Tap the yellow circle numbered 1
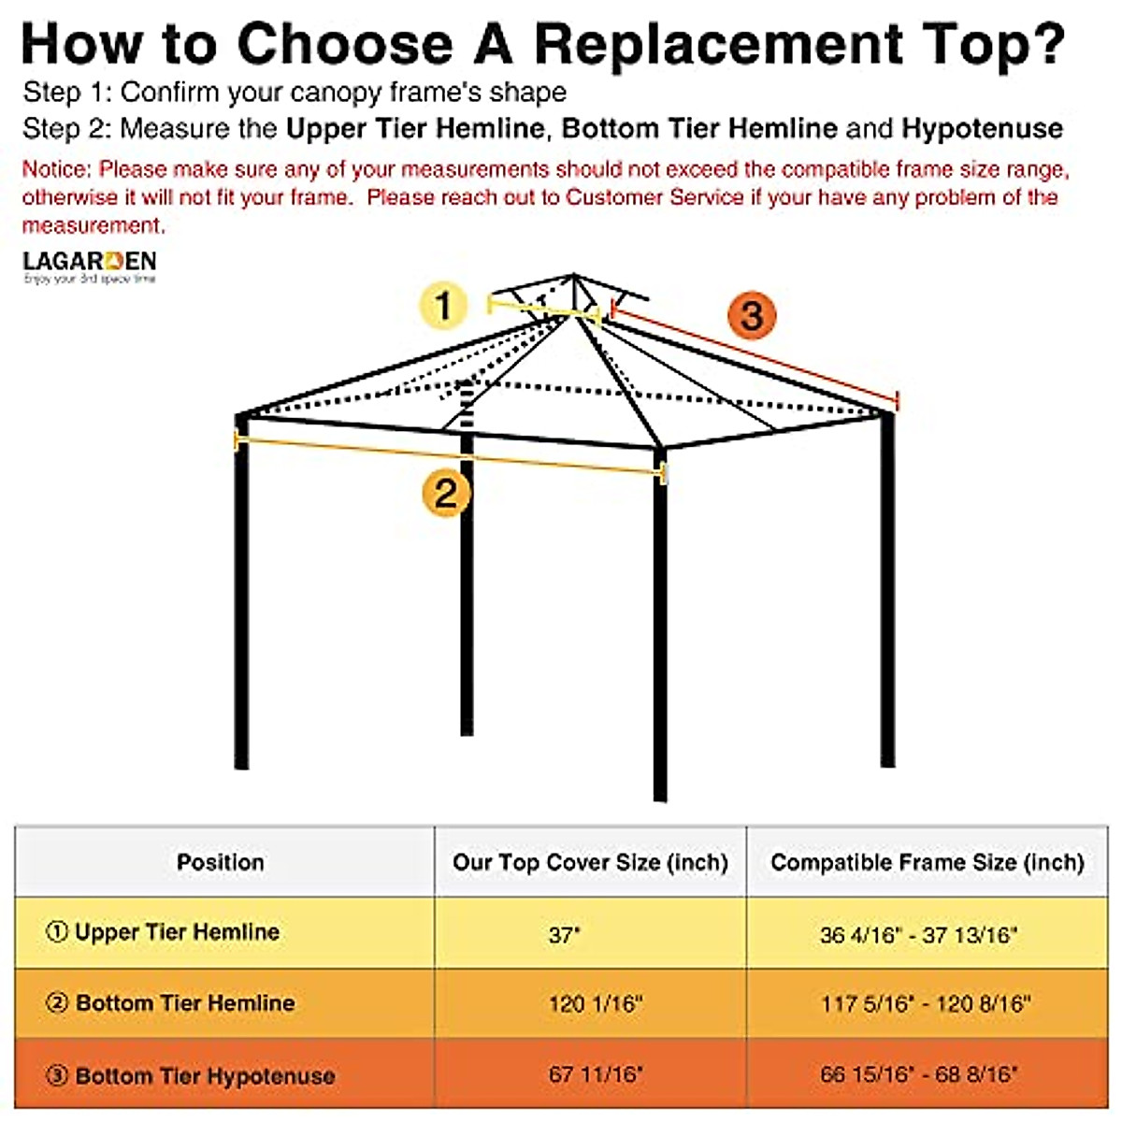point(443,306)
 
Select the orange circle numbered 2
point(446,492)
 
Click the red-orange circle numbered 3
point(752,315)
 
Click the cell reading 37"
point(565,934)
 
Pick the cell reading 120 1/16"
point(596,1004)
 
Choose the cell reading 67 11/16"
point(596,1074)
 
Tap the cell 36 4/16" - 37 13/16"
point(918,934)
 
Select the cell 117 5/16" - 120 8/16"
point(926,1004)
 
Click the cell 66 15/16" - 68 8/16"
point(919,1074)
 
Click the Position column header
point(221,862)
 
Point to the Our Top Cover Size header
point(590,862)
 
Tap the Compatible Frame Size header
point(927,862)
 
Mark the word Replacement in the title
point(718,44)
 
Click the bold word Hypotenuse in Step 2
point(982,128)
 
